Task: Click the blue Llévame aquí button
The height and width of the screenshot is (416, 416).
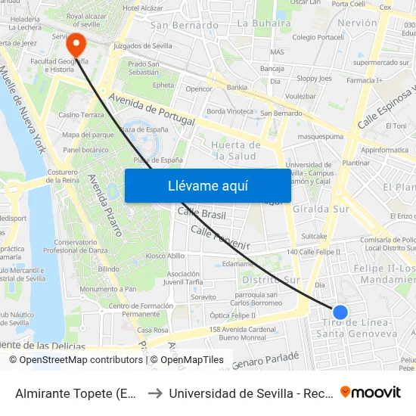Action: (x=207, y=185)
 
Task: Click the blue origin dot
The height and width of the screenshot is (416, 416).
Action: (x=340, y=312)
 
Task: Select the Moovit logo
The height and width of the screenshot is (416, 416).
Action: (x=371, y=392)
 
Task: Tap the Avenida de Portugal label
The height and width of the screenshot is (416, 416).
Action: (x=152, y=110)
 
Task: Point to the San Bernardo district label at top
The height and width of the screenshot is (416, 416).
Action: (x=185, y=25)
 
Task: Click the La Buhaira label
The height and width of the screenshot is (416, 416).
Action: (x=264, y=23)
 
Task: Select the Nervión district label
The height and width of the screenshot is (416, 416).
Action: (x=357, y=23)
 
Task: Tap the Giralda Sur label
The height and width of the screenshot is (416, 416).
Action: (x=319, y=208)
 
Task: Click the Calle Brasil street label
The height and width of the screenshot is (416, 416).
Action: (x=201, y=214)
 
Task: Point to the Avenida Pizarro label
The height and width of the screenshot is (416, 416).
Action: (x=106, y=205)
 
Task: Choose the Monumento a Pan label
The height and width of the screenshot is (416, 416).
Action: (x=110, y=289)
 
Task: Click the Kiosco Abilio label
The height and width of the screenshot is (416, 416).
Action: (x=165, y=256)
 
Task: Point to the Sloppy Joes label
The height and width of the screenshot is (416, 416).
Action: (x=313, y=78)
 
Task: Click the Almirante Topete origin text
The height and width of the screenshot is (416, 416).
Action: (x=76, y=393)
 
